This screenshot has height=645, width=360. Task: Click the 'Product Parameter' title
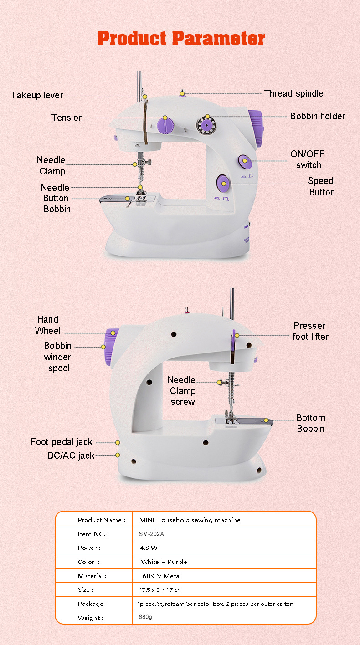click(x=181, y=38)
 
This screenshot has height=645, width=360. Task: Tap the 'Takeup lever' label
click(x=37, y=95)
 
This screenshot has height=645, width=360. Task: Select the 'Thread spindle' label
click(x=293, y=93)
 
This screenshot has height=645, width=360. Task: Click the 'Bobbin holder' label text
click(x=318, y=116)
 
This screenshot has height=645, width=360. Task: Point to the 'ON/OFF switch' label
click(x=308, y=159)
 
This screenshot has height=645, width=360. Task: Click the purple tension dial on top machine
click(x=165, y=124)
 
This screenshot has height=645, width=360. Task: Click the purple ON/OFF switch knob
click(x=244, y=161)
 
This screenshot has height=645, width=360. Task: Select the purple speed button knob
click(x=223, y=184)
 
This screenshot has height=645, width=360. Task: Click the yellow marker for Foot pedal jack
click(x=118, y=442)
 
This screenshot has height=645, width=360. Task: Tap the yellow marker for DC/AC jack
click(x=118, y=455)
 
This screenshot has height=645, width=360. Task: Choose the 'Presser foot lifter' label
click(x=310, y=331)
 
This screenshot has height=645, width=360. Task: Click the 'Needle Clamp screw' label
click(x=182, y=391)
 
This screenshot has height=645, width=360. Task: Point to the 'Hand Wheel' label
click(x=47, y=325)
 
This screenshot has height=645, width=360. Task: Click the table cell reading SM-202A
click(x=152, y=534)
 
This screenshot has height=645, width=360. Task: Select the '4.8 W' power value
click(x=149, y=548)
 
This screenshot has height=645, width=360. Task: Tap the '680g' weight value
click(x=145, y=618)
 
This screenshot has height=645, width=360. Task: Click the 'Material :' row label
click(x=93, y=576)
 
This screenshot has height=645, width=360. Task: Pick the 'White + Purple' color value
click(x=164, y=562)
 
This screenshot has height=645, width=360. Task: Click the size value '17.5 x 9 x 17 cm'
click(x=161, y=590)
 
